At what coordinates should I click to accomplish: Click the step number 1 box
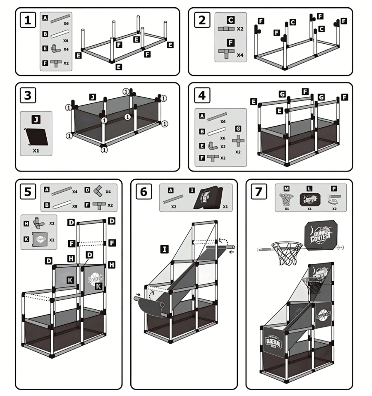[x=28, y=20]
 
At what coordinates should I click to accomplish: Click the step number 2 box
[x=201, y=20]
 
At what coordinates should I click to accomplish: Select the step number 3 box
[x=28, y=95]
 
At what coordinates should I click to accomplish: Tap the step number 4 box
[x=201, y=95]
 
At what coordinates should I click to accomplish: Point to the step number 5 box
[x=28, y=192]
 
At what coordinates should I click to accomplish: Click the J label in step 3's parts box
[x=36, y=117]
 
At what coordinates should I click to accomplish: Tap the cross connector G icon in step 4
[x=238, y=140]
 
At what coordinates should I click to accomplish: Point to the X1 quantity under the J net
[x=36, y=151]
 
